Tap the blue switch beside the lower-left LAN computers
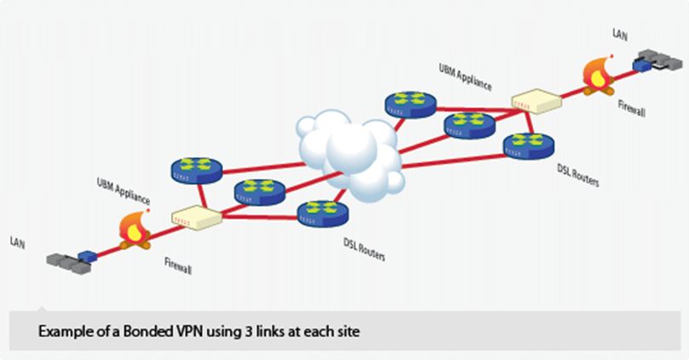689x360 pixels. (88, 255)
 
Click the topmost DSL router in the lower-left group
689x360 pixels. (196, 167)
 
